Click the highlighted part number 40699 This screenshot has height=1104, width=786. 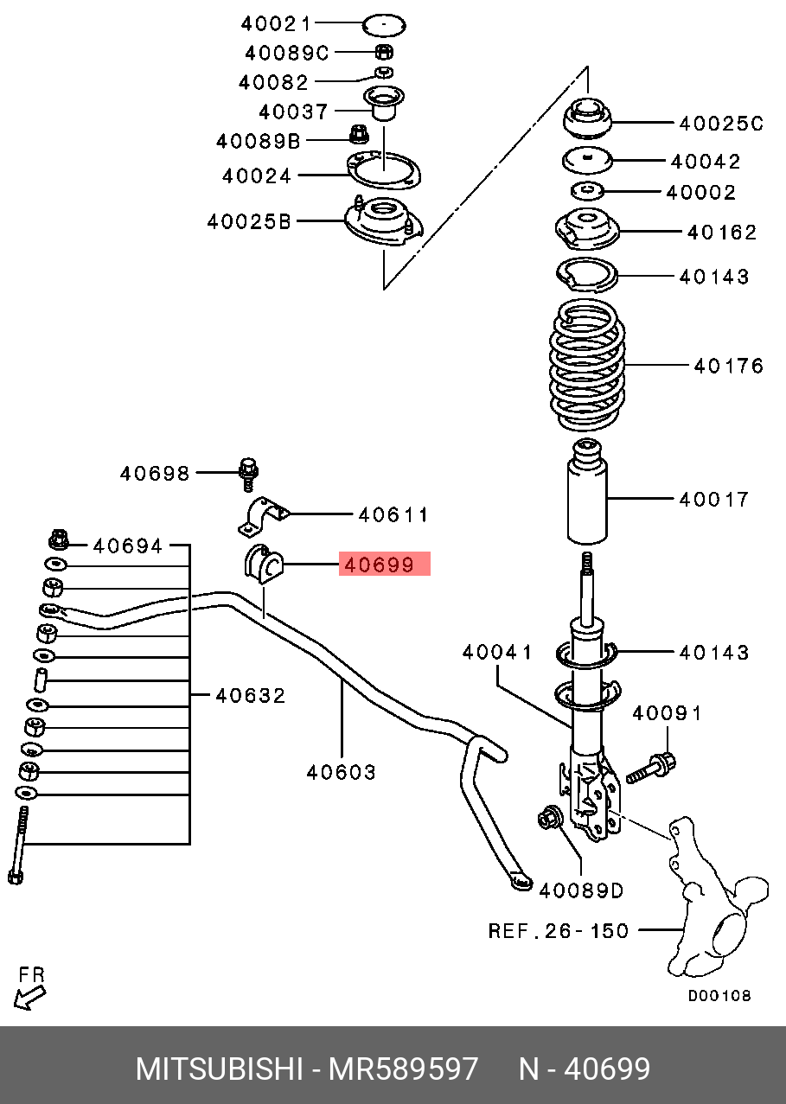[384, 565]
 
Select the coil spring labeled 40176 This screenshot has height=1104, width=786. [588, 365]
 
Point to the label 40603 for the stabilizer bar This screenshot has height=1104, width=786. [342, 771]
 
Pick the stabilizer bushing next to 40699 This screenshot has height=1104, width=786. [261, 565]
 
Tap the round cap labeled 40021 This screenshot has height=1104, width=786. [385, 24]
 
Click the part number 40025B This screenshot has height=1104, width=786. [249, 221]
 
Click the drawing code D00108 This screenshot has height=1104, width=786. [719, 995]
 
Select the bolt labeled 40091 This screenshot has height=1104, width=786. [651, 767]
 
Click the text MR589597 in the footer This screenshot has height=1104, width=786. [403, 1069]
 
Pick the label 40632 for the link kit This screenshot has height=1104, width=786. [250, 695]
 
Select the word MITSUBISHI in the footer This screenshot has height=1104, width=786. [219, 1069]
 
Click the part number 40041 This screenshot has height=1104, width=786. [497, 652]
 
